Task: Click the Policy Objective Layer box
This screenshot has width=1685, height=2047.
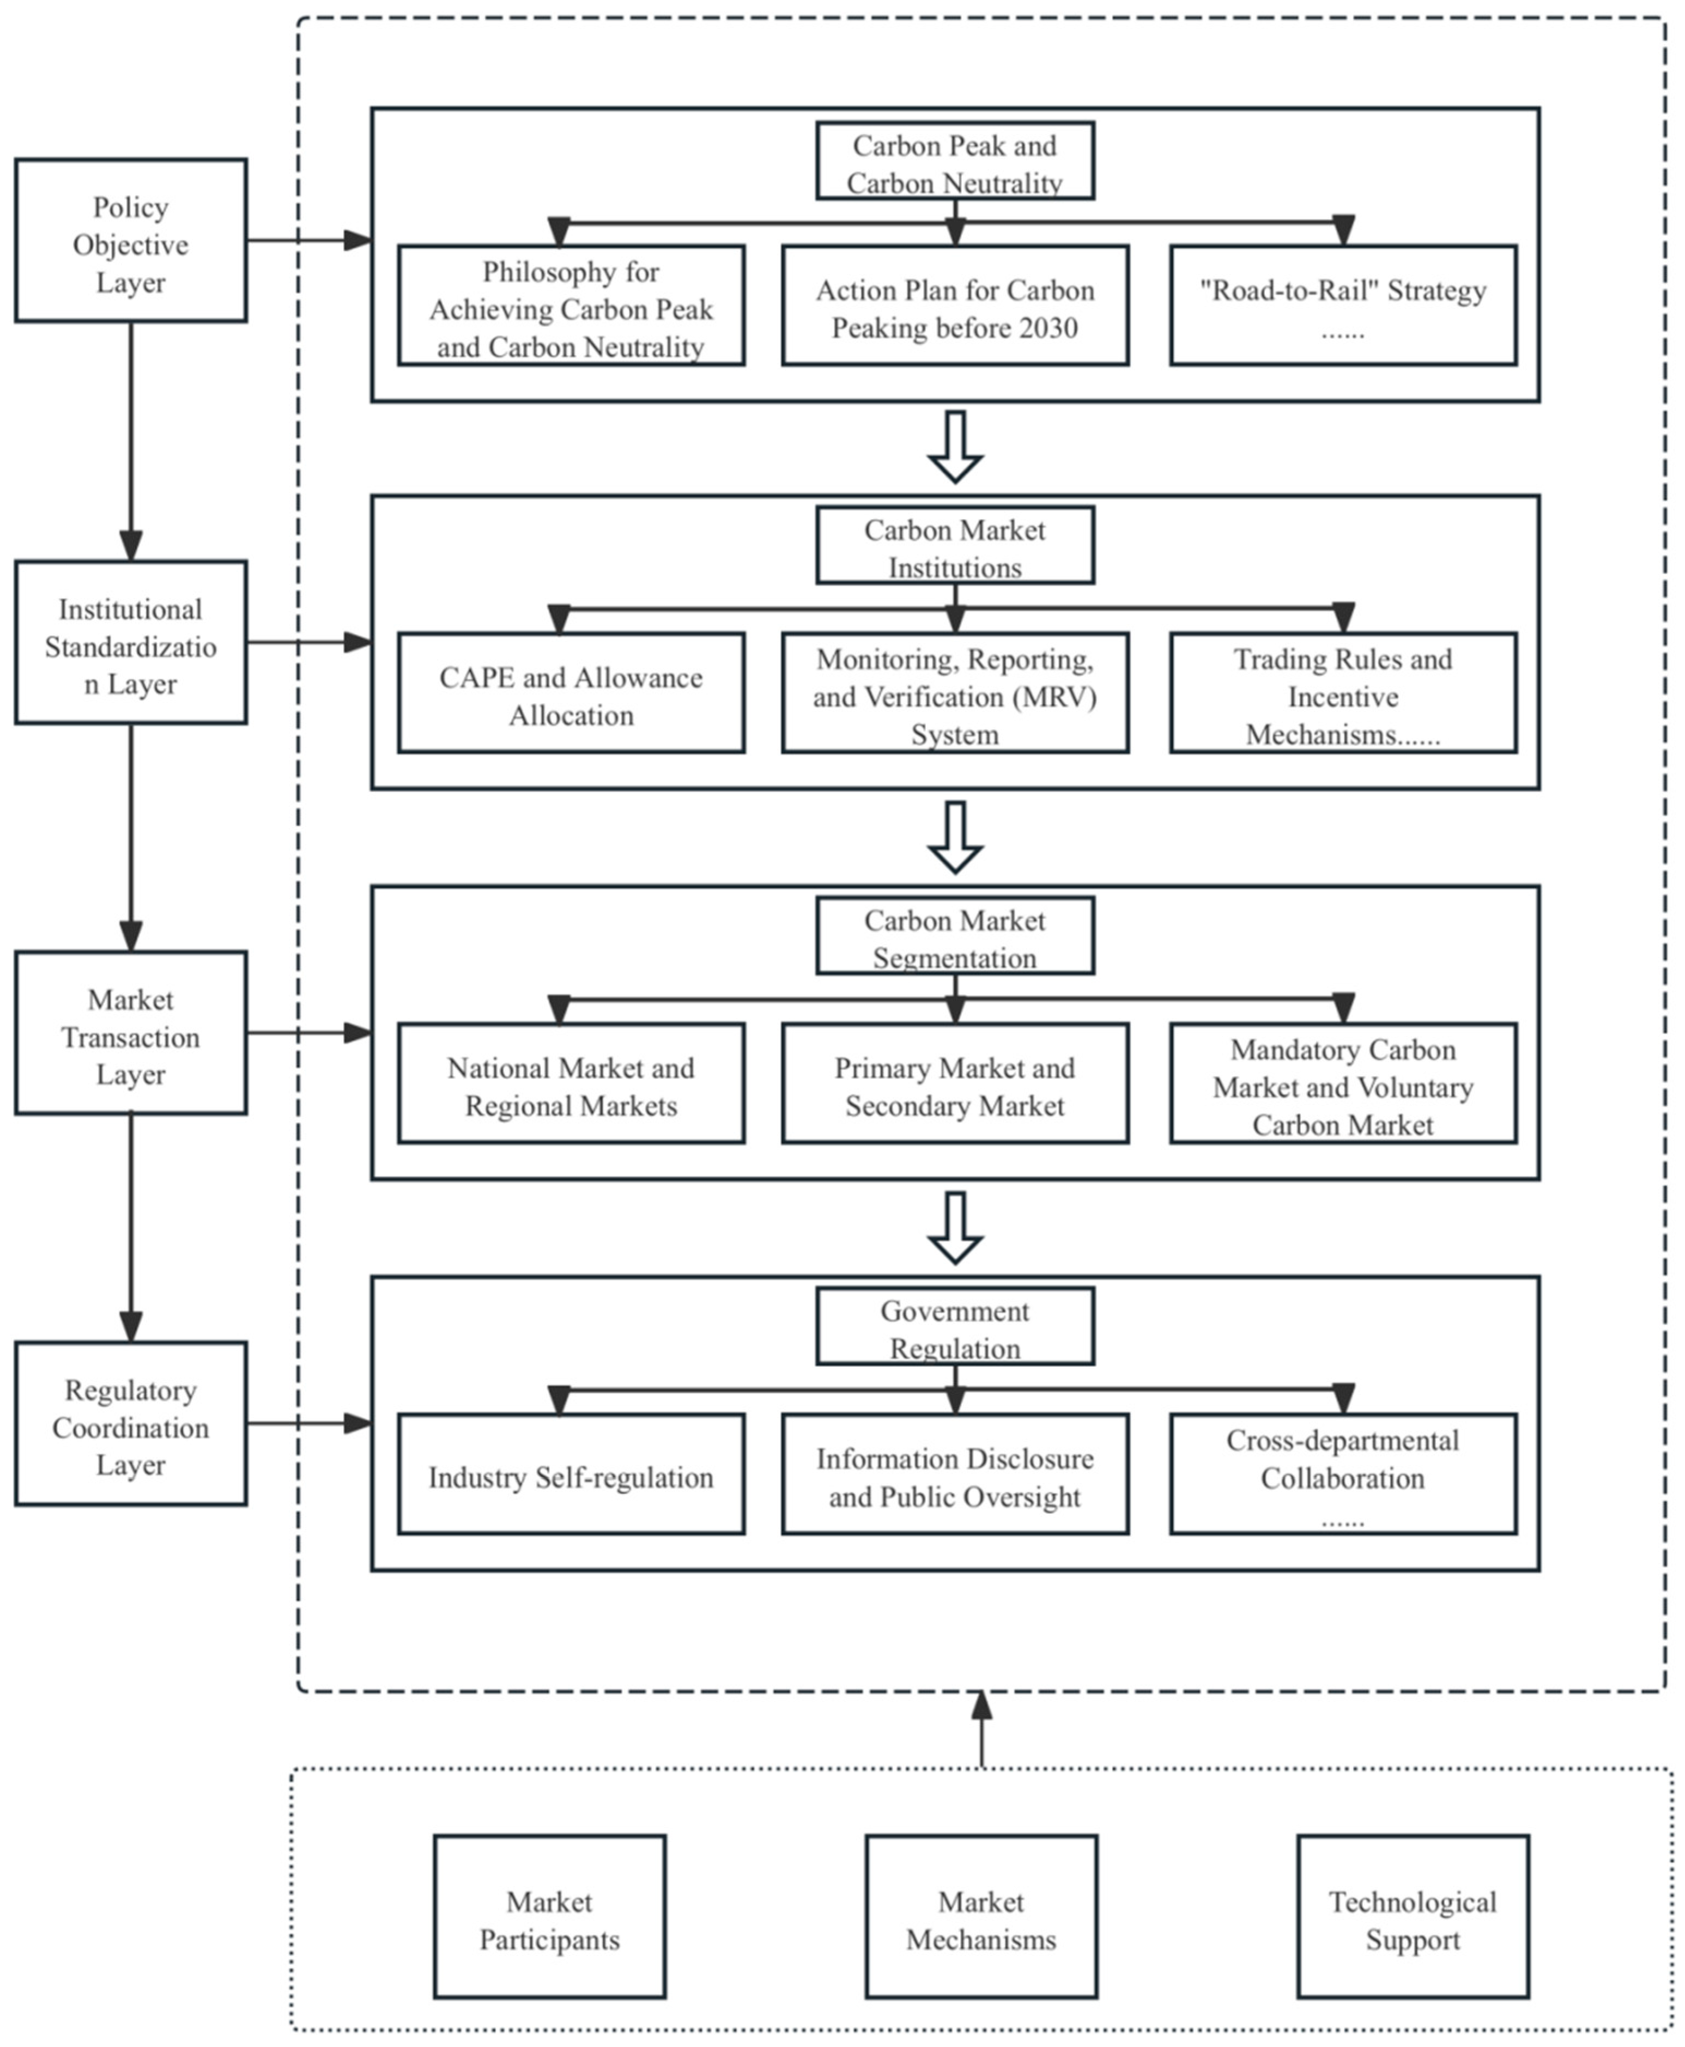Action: click(x=130, y=241)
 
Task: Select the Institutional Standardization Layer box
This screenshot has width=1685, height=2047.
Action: click(x=130, y=642)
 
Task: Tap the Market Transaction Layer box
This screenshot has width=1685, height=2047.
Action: click(x=130, y=1033)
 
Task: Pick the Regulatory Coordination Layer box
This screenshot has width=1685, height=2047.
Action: click(x=130, y=1424)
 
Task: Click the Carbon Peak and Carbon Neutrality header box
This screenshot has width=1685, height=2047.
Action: click(x=955, y=161)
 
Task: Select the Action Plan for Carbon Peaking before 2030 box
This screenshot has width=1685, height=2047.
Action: click(x=955, y=306)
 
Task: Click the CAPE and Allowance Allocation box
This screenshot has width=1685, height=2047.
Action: click(x=571, y=693)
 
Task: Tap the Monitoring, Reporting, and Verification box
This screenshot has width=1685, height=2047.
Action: click(x=955, y=693)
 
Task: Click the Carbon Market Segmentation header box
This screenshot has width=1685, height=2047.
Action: click(x=955, y=935)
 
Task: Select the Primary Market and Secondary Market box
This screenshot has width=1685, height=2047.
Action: click(x=955, y=1083)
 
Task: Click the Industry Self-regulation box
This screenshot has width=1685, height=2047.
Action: click(x=571, y=1475)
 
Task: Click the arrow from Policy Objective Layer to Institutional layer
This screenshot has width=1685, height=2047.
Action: click(x=131, y=441)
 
